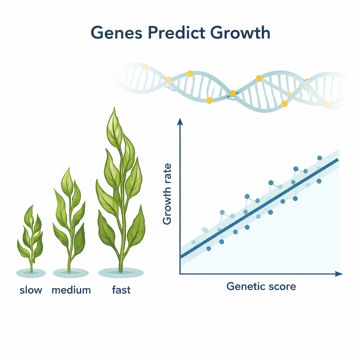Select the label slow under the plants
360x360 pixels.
click(x=31, y=290)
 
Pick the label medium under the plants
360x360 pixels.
click(x=71, y=290)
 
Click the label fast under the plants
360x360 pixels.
click(x=121, y=290)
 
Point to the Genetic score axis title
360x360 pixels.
click(x=261, y=286)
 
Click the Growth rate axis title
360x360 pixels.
click(x=168, y=194)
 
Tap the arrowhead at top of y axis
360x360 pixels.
click(x=180, y=121)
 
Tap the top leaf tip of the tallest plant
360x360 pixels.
click(x=114, y=109)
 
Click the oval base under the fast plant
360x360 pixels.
click(x=121, y=272)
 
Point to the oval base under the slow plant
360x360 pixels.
click(x=31, y=272)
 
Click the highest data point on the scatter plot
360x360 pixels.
click(x=320, y=158)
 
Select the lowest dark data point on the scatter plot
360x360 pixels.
click(x=208, y=249)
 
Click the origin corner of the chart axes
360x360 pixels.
click(x=180, y=274)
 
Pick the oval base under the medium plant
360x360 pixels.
click(x=70, y=272)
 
